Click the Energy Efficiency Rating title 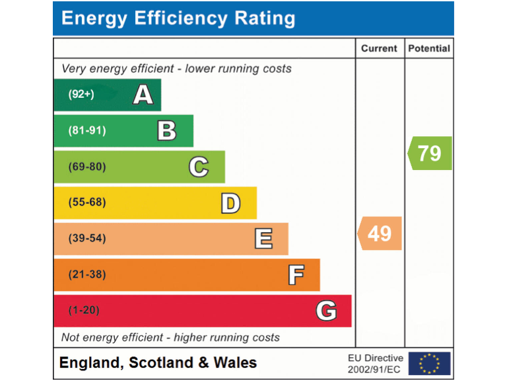[x=178, y=19]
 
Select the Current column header [x=379, y=48]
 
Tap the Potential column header [x=429, y=48]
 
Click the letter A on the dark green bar [x=143, y=95]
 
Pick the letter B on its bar [x=167, y=131]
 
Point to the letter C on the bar [x=199, y=167]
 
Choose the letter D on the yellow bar [x=230, y=202]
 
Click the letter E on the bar [x=263, y=238]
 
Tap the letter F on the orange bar [x=296, y=275]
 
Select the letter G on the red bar [x=326, y=310]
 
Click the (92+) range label [x=81, y=95]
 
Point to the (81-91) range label [x=87, y=131]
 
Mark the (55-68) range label [x=87, y=202]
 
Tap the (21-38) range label [x=87, y=275]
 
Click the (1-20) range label [x=84, y=310]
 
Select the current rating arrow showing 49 [x=380, y=233]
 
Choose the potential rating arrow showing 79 [x=430, y=153]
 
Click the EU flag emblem [x=429, y=363]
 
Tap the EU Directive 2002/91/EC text [x=375, y=363]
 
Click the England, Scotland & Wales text [x=158, y=362]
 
